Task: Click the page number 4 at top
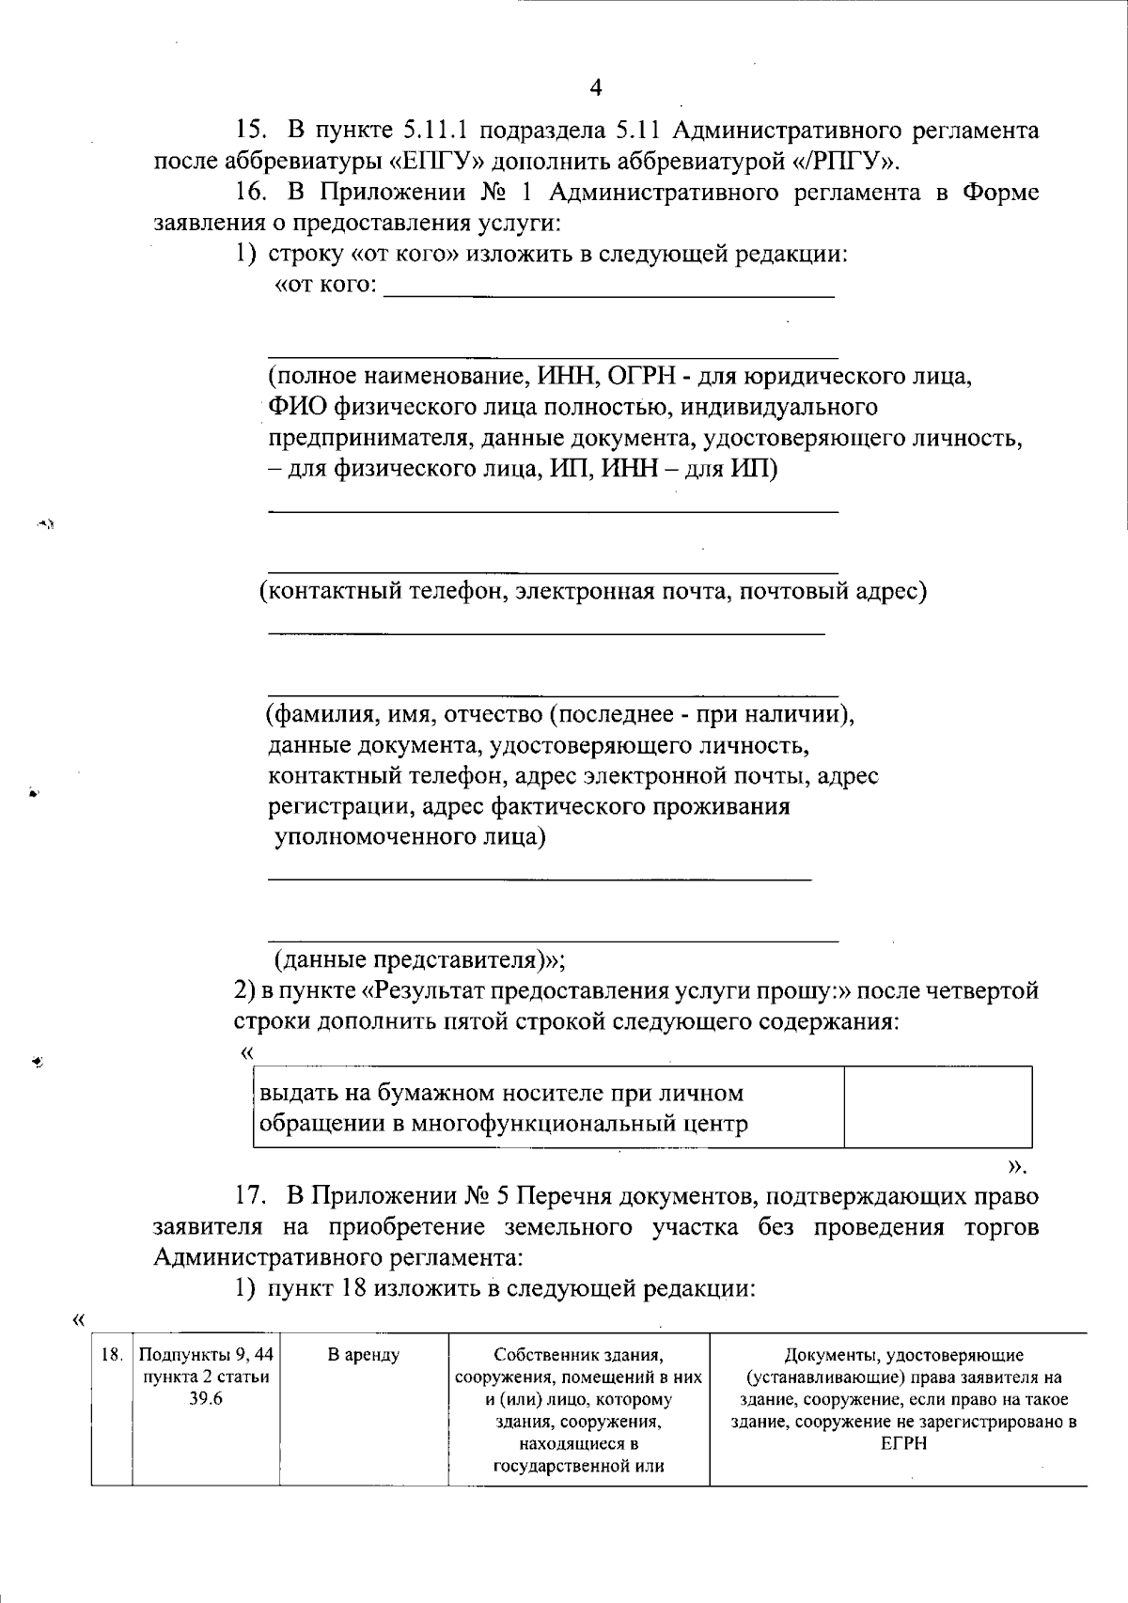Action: tap(595, 88)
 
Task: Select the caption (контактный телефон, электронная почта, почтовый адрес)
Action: tap(593, 591)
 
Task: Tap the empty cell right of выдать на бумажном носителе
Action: tap(937, 1107)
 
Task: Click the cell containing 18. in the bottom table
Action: tap(111, 1355)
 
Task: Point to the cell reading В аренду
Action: tap(363, 1355)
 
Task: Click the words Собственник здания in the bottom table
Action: tap(578, 1355)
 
